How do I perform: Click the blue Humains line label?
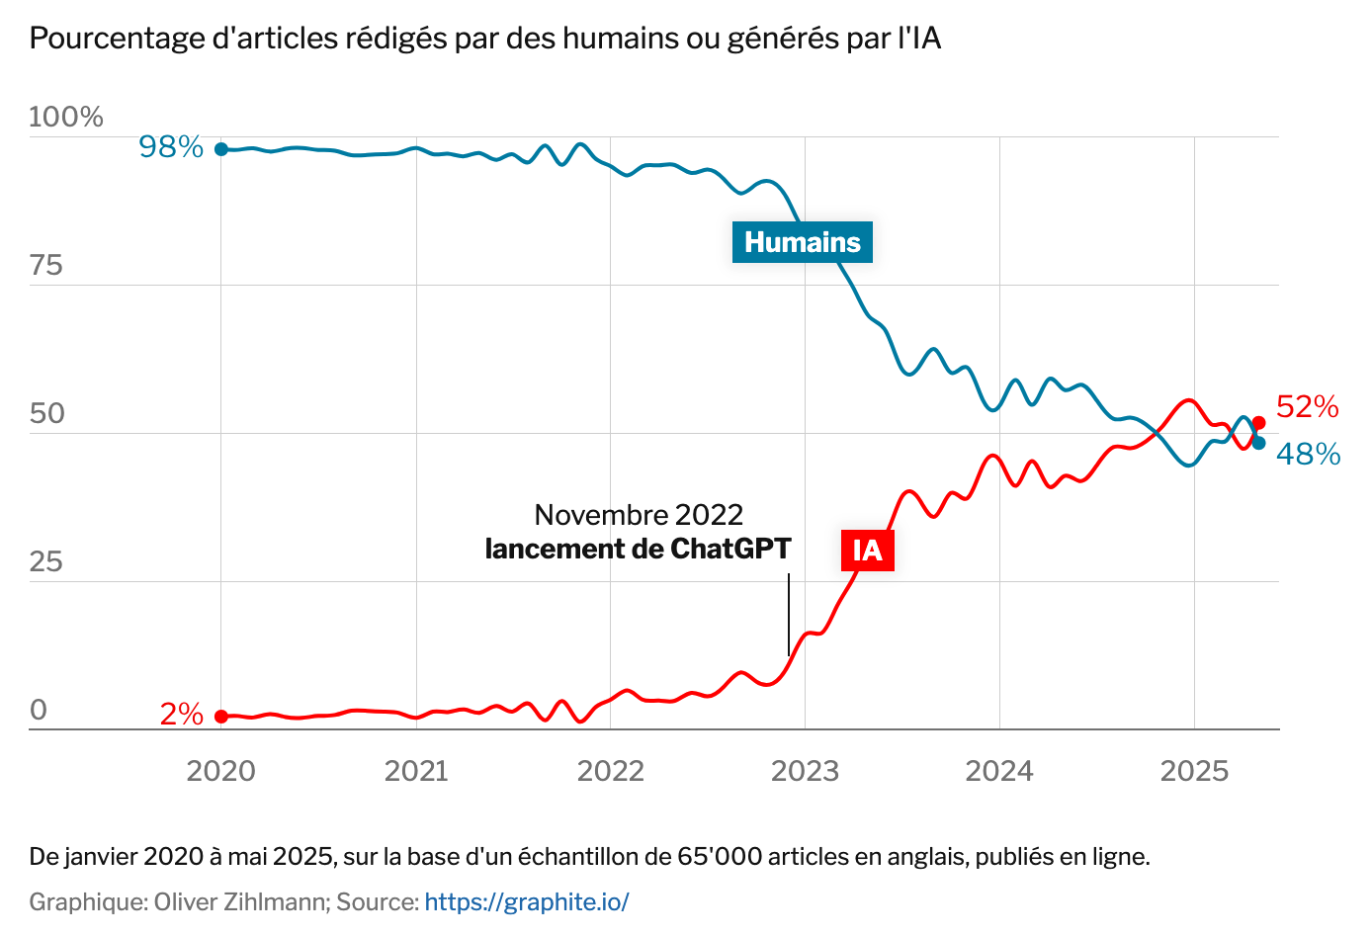coord(802,242)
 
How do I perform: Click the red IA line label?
coord(867,550)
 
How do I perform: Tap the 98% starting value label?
coord(171,147)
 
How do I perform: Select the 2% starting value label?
coord(182,714)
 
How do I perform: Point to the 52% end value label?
coord(1307,407)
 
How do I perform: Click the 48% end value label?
coord(1308,455)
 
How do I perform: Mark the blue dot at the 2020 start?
coord(221,149)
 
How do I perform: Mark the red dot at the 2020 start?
coord(221,717)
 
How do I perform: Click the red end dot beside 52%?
coord(1258,423)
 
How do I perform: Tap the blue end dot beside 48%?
coord(1258,443)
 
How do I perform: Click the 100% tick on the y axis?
coord(65,117)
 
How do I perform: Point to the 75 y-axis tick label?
coord(45,265)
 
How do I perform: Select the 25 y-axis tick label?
coord(45,561)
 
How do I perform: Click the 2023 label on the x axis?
coord(805,771)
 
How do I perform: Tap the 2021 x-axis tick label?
coord(416,771)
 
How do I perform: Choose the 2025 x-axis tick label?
coord(1194,771)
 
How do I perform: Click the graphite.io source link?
coord(527,901)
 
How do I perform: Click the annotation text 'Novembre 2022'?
coord(639,515)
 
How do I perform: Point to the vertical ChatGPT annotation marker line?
coord(789,614)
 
